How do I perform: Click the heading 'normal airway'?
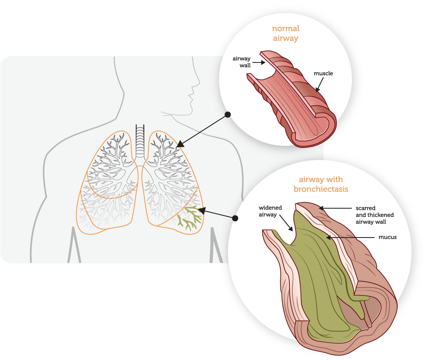coord(285,34)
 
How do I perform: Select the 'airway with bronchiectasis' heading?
coord(321,185)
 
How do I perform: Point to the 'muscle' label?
coord(323,74)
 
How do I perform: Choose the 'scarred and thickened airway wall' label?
coord(375,215)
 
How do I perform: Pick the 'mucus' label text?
coord(387,237)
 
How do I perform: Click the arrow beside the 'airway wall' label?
coord(258,63)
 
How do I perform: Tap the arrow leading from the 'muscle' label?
coord(319,84)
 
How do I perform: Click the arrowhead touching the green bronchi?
coord(201,211)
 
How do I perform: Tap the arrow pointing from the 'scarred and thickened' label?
coord(335,209)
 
